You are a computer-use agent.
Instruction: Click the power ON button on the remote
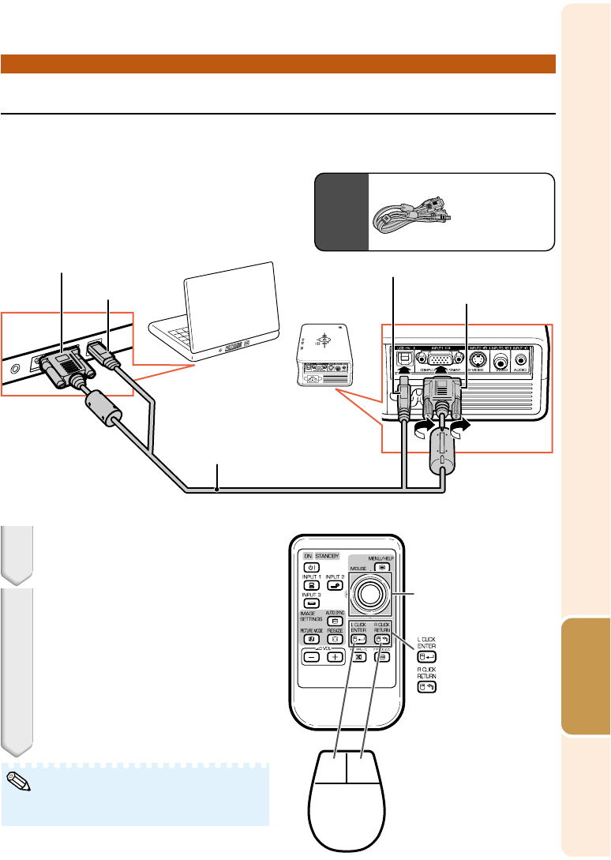[309, 566]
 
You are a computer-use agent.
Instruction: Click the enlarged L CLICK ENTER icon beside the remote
[428, 655]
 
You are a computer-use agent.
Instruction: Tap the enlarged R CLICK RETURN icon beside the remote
[428, 687]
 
